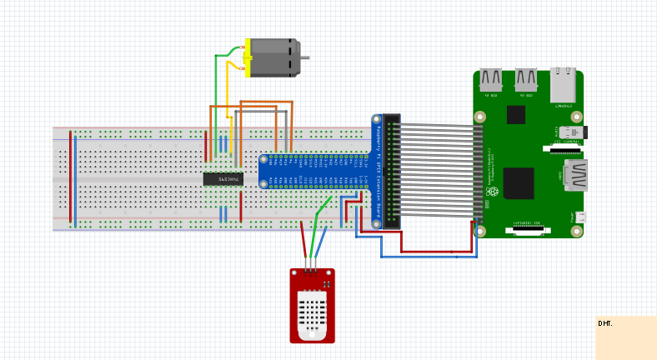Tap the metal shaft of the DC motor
[x=305, y=57]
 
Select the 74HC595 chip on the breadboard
[x=223, y=178]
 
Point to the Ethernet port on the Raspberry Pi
[x=562, y=85]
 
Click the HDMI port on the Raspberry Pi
[x=575, y=175]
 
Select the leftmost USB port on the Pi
[x=490, y=80]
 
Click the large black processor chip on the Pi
[x=518, y=182]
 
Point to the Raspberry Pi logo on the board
[x=493, y=192]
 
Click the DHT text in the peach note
[x=604, y=323]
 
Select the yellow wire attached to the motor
[x=228, y=92]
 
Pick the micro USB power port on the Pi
[x=580, y=217]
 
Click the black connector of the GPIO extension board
[x=391, y=171]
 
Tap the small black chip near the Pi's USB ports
[x=516, y=115]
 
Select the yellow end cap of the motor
[x=248, y=57]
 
